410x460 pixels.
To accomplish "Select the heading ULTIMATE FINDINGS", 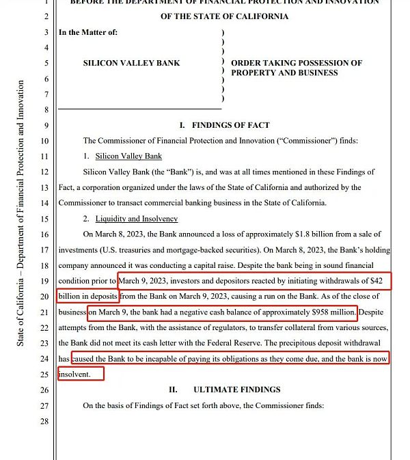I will point(236,390).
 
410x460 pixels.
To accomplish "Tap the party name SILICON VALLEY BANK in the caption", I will point(131,63).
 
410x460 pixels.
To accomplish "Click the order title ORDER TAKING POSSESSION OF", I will point(297,63).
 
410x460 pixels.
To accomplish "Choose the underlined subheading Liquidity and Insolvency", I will point(137,219).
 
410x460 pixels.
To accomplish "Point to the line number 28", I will point(46,422).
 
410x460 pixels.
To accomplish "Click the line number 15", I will point(46,219).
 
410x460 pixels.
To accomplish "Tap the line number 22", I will point(46,328).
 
